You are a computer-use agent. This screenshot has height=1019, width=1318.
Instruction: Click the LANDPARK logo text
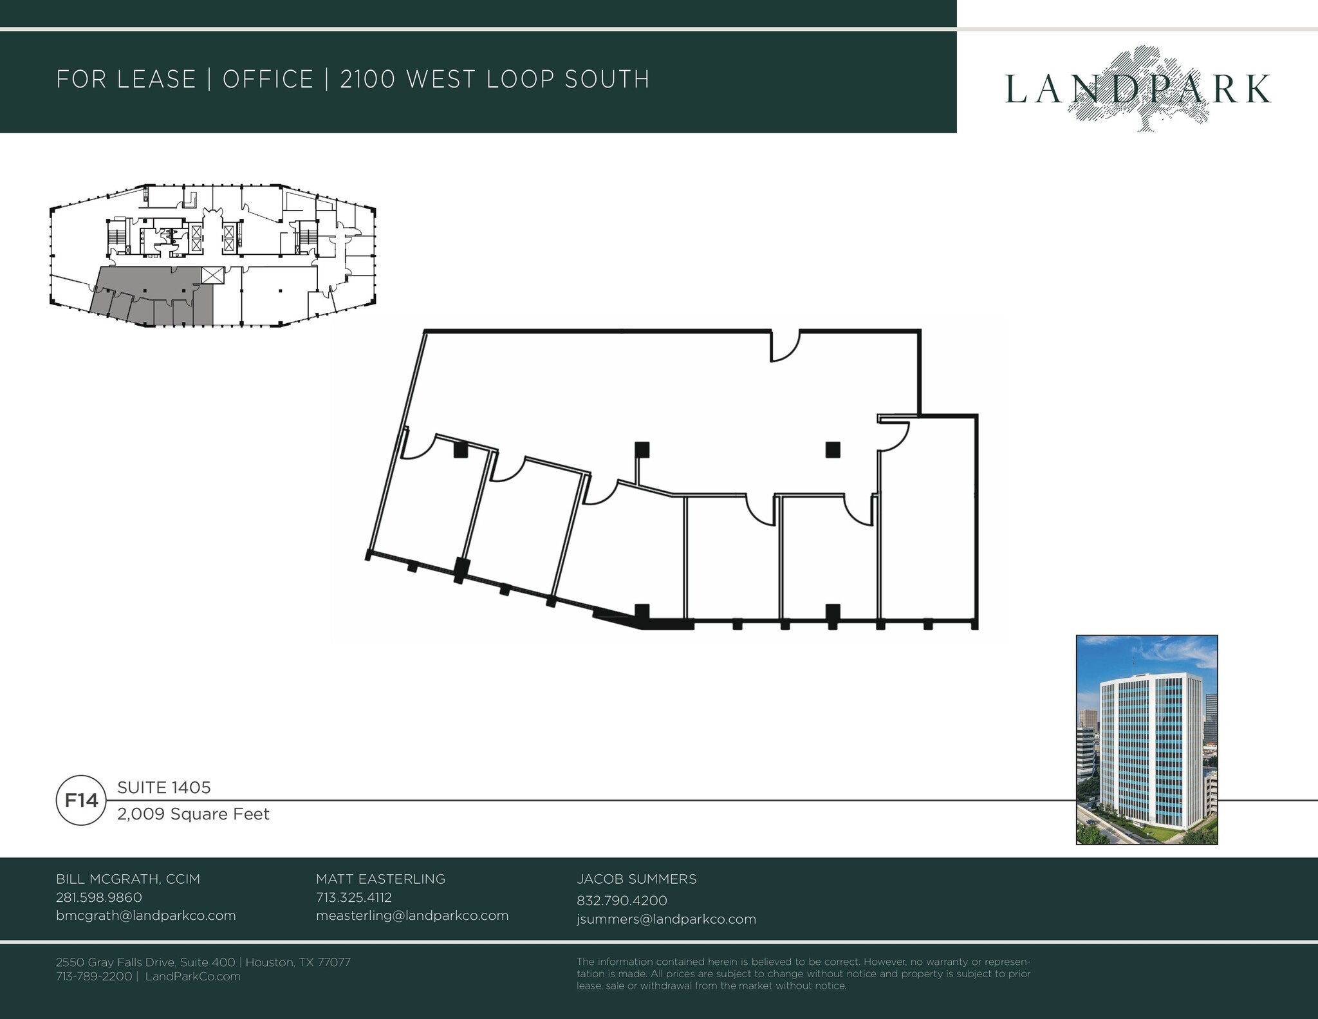tap(1137, 89)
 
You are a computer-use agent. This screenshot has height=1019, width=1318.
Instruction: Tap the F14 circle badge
tap(81, 800)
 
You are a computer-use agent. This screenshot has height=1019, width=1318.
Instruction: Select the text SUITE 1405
tap(164, 787)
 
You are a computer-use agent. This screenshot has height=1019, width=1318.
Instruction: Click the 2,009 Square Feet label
tap(193, 814)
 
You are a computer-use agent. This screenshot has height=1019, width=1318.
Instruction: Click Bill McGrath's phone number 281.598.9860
tap(99, 897)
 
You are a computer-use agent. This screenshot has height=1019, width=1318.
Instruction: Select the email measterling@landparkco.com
tap(412, 915)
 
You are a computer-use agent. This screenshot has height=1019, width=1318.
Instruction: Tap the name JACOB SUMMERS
tap(636, 879)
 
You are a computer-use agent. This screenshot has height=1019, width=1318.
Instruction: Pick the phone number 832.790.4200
tap(622, 900)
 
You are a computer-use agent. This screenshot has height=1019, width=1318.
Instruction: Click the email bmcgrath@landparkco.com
tap(146, 915)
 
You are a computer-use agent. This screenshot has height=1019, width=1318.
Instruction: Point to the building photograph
tap(1147, 740)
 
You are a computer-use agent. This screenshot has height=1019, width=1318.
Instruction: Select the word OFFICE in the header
tap(268, 79)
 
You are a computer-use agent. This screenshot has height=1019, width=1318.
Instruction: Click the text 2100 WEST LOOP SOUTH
tap(494, 79)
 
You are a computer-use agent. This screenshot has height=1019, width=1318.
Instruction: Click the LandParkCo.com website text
tap(193, 976)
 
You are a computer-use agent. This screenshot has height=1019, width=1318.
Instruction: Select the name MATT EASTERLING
tap(380, 879)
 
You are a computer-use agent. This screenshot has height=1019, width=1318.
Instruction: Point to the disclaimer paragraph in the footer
tap(803, 973)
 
